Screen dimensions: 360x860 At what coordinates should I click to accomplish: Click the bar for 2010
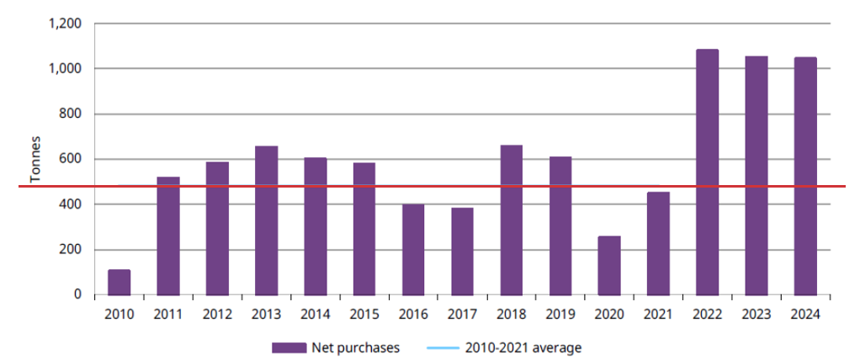119,282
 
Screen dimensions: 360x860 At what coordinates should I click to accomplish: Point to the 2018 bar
512,220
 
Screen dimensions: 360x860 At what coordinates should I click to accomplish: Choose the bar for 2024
805,176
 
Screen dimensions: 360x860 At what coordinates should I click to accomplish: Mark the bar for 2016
413,249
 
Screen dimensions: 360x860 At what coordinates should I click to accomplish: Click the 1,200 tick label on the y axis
65,24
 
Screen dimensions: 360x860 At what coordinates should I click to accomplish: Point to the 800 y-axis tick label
71,114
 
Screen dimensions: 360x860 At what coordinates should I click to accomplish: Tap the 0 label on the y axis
77,294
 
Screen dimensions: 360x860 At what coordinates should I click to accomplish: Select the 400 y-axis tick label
71,204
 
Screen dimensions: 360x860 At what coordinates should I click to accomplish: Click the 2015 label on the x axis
364,314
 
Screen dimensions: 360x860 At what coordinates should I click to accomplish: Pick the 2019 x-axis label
560,314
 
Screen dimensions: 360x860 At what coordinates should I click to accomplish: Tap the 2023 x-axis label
756,314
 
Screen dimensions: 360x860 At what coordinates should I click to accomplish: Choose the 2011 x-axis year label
168,314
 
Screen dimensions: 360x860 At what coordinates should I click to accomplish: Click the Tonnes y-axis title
35,159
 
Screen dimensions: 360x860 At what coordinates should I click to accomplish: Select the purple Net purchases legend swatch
288,347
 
